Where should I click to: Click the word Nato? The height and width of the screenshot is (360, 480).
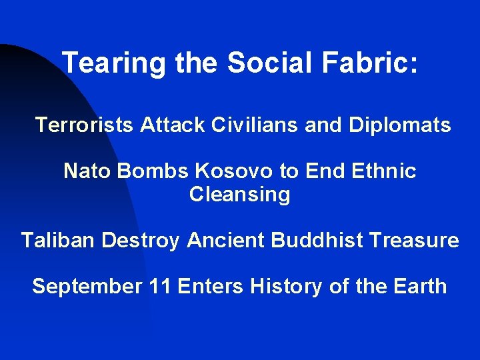click(x=87, y=171)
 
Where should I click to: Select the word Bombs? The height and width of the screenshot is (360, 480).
click(x=153, y=171)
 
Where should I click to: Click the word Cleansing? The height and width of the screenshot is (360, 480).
click(x=240, y=195)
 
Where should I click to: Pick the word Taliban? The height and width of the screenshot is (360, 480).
click(x=58, y=240)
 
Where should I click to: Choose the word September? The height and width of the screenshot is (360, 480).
click(x=87, y=287)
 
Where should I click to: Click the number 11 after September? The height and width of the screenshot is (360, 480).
click(x=159, y=287)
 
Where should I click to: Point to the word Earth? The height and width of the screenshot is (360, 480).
click(x=419, y=287)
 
